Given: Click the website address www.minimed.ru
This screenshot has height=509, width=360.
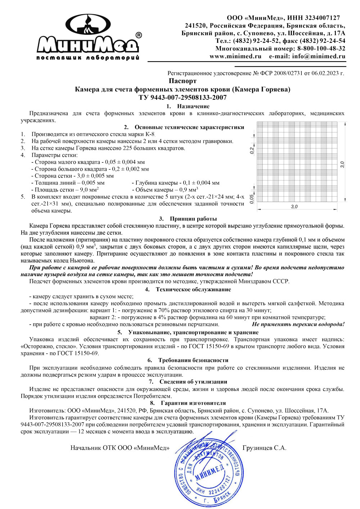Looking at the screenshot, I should pos(235,57).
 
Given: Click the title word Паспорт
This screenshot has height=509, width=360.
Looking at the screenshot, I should pos(183,81).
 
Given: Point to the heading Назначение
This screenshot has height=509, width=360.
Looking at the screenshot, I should pos(193,106).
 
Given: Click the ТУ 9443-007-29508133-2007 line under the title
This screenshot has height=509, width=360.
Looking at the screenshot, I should pos(183,97).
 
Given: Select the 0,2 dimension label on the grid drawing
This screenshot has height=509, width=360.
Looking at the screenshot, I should pos(252,150).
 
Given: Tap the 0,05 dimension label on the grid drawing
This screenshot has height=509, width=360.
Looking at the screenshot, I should pos(252,199).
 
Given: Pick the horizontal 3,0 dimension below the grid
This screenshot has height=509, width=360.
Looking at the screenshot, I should pos(294,207).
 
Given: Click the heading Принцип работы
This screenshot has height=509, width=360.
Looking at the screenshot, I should pos(193,219).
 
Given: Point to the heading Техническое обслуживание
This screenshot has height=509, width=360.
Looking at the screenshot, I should pos(193,289).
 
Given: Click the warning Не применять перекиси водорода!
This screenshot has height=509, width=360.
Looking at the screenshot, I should pos(298,324).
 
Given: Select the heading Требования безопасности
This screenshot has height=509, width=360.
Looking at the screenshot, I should pos(193,360).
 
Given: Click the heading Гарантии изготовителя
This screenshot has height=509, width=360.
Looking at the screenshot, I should pos(193,403).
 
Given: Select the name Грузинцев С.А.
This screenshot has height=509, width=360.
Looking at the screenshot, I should pos(265,448).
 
